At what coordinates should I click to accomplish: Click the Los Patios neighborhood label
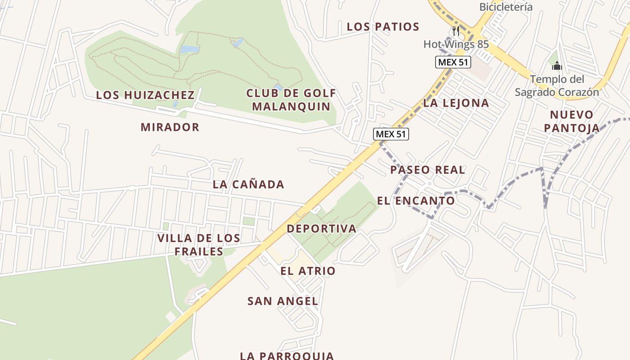coord(383,27)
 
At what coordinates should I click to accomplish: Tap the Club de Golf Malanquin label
coord(291,100)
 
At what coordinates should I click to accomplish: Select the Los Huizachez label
coord(145,95)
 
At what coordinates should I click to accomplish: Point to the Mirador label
coord(170,127)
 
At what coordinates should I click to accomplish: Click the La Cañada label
coord(248,184)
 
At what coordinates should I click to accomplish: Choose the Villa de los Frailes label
coord(198,245)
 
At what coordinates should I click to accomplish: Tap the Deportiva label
coord(321,229)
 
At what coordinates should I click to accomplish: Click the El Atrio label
coord(308,271)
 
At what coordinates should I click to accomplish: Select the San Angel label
coord(283,301)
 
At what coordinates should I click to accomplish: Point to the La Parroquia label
coord(287,355)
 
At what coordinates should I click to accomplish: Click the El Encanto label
coord(416,201)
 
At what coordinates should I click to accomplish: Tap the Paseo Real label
coord(427,170)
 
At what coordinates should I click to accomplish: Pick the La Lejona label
coord(456,103)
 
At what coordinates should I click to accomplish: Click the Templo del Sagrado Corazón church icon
coord(557,67)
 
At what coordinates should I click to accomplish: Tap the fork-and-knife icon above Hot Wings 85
coord(456,31)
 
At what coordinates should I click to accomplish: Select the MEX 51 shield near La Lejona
coord(453,62)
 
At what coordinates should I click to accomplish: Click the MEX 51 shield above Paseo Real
coord(391,134)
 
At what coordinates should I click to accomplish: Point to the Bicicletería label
coord(506,7)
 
